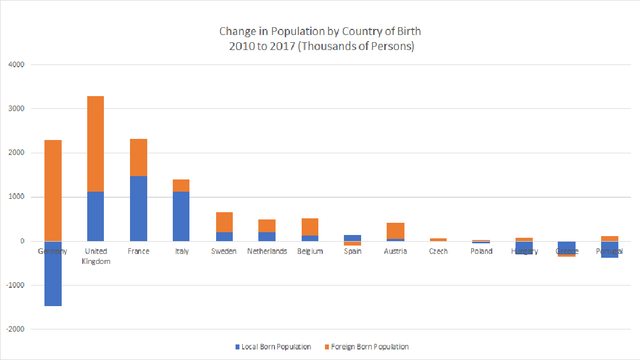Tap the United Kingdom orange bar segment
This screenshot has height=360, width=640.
(x=96, y=144)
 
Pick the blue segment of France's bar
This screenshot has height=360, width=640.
(x=138, y=208)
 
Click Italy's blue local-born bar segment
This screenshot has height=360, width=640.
(x=181, y=216)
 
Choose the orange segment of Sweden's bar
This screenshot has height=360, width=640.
(x=224, y=222)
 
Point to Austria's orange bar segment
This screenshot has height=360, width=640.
(x=396, y=231)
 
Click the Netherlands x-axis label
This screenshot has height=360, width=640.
(x=267, y=251)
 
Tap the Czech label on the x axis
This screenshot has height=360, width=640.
(x=438, y=251)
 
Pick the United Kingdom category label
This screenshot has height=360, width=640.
(x=96, y=256)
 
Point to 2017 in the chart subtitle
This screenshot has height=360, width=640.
(x=282, y=47)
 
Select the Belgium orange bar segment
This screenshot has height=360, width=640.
(x=310, y=227)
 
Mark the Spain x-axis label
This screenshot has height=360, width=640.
(x=353, y=251)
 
